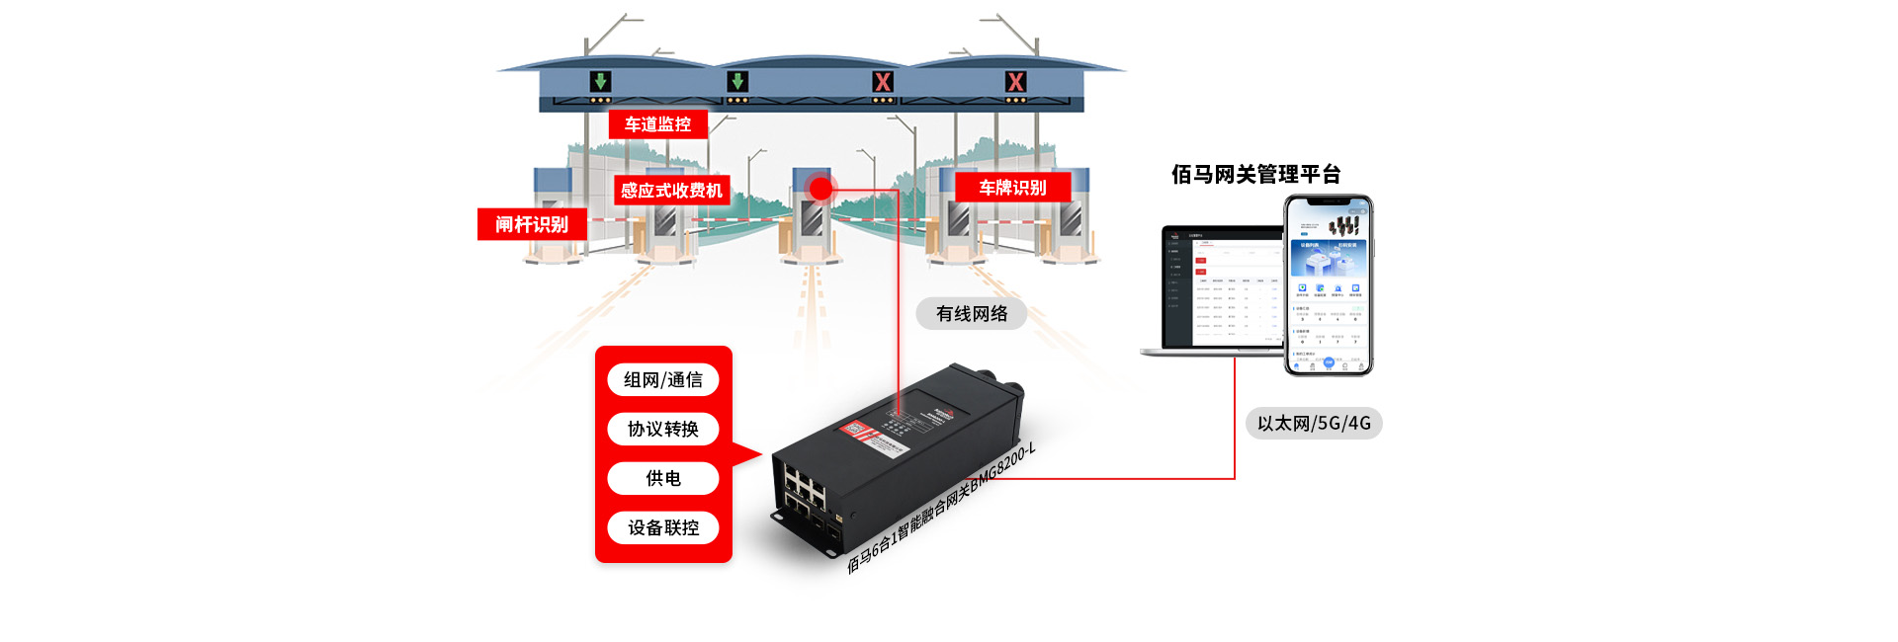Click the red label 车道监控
coord(658,124)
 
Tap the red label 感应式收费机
coord(671,191)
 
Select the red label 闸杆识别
coord(532,224)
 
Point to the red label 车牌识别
coord(1012,188)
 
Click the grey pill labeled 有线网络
coord(972,314)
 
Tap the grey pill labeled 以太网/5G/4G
coord(1314,423)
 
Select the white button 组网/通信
coord(662,380)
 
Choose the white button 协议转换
coord(662,429)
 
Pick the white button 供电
coord(662,478)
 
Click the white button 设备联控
coord(662,527)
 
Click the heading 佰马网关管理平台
coord(1255,175)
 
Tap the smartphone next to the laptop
coord(1329,285)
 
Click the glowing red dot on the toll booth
coord(820,188)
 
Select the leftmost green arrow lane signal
coord(600,82)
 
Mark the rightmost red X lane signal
coord(1015,82)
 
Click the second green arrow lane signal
coord(737,82)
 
